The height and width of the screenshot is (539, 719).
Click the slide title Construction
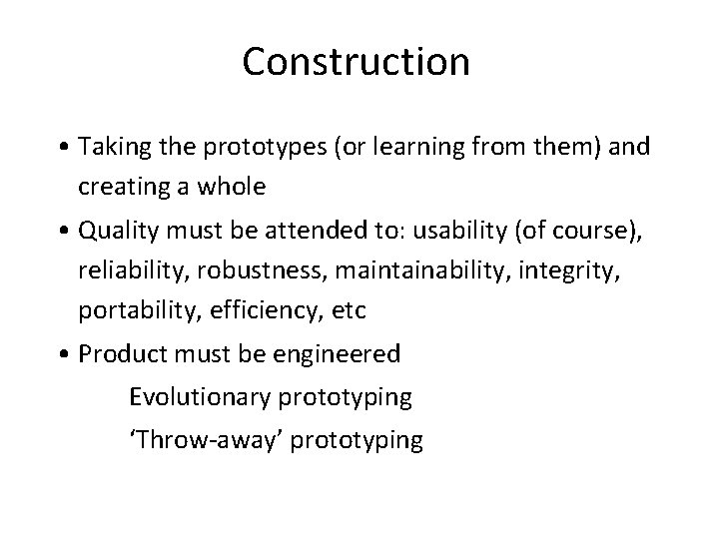click(355, 62)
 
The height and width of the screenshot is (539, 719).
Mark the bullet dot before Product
click(64, 353)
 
